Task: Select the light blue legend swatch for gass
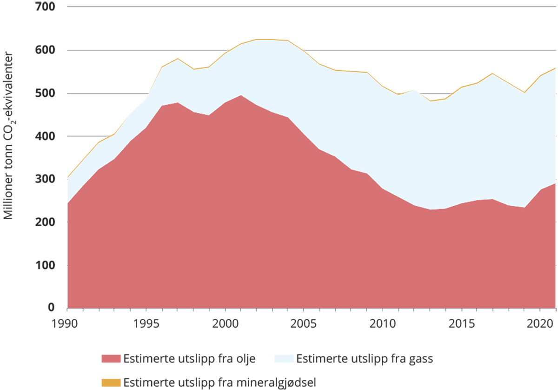coord(284,359)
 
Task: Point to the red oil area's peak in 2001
coord(241,95)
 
